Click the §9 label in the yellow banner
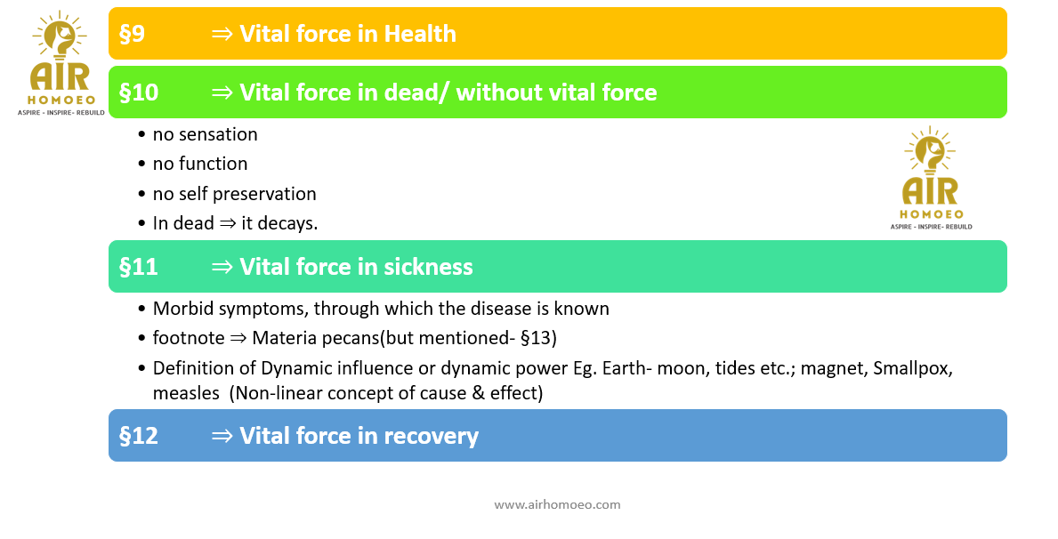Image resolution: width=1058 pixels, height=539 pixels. click(x=133, y=34)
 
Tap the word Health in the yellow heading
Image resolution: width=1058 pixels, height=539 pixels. click(x=420, y=34)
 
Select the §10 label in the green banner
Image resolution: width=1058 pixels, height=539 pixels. click(x=139, y=93)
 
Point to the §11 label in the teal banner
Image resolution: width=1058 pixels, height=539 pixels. click(x=138, y=267)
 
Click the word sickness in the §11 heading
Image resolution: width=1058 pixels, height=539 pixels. click(x=429, y=267)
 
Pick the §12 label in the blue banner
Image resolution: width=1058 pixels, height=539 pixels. click(x=139, y=436)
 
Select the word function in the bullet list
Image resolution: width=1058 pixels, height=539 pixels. click(x=214, y=164)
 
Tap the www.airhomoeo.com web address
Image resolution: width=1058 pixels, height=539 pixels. click(x=557, y=504)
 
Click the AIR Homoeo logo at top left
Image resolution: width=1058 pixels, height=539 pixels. click(x=61, y=63)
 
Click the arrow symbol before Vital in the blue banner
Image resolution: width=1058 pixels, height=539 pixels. click(x=222, y=437)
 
